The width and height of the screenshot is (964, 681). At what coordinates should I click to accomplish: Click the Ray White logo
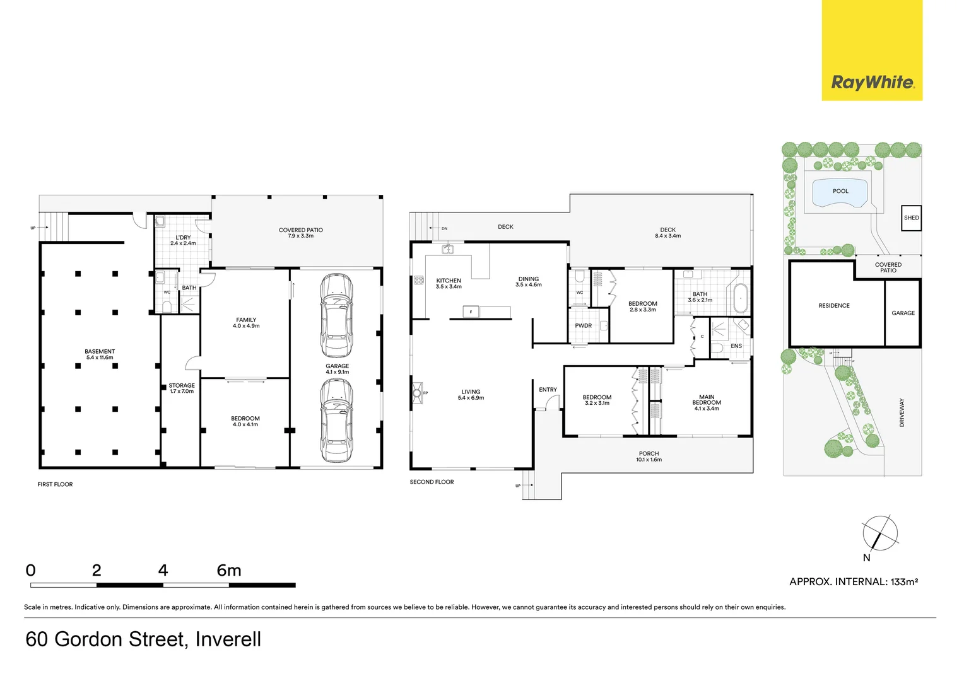[872, 82]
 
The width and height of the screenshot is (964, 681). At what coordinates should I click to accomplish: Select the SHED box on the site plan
[911, 218]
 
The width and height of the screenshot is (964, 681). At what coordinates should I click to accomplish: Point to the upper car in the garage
[336, 307]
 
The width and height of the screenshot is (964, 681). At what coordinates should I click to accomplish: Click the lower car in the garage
[336, 420]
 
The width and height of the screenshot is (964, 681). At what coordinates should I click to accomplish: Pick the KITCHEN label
[449, 281]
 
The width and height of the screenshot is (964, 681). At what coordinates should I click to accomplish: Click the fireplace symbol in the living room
[417, 393]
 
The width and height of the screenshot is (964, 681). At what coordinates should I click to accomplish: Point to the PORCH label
[649, 454]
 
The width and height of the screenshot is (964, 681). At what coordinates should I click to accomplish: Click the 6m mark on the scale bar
[229, 571]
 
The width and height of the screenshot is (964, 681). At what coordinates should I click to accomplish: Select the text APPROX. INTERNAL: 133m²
[853, 582]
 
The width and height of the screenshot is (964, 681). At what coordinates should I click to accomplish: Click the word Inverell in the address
[228, 639]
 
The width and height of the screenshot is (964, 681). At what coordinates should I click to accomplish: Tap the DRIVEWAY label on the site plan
[902, 412]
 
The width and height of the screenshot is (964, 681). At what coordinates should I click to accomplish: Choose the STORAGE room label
[182, 385]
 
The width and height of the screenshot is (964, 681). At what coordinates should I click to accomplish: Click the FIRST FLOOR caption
[55, 485]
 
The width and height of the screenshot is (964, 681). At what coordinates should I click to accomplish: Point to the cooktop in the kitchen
[419, 281]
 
